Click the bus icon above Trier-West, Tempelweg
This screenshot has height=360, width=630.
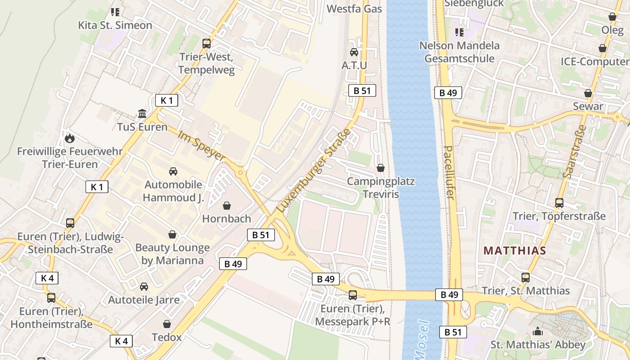point(207,44)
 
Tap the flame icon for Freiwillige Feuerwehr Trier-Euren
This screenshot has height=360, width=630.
point(70,138)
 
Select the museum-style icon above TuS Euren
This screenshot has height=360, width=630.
point(142,113)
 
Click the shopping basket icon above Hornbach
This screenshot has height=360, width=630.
point(227,206)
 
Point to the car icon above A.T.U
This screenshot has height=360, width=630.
point(354,52)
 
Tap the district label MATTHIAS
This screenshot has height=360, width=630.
point(515,251)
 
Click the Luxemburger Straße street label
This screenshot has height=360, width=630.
point(314,171)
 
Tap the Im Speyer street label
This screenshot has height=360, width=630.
point(201,146)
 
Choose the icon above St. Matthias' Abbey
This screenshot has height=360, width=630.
point(538,332)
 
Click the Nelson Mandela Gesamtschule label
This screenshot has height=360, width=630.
point(459,52)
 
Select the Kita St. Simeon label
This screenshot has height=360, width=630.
point(115,25)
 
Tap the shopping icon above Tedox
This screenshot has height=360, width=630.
point(167,324)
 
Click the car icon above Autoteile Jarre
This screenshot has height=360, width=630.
point(144,287)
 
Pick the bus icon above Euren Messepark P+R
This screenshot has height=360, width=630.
point(353,295)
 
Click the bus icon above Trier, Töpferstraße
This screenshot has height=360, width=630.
point(559,203)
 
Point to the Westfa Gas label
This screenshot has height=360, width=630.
point(354,9)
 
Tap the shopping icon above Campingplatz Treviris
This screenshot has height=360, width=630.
point(381,168)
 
